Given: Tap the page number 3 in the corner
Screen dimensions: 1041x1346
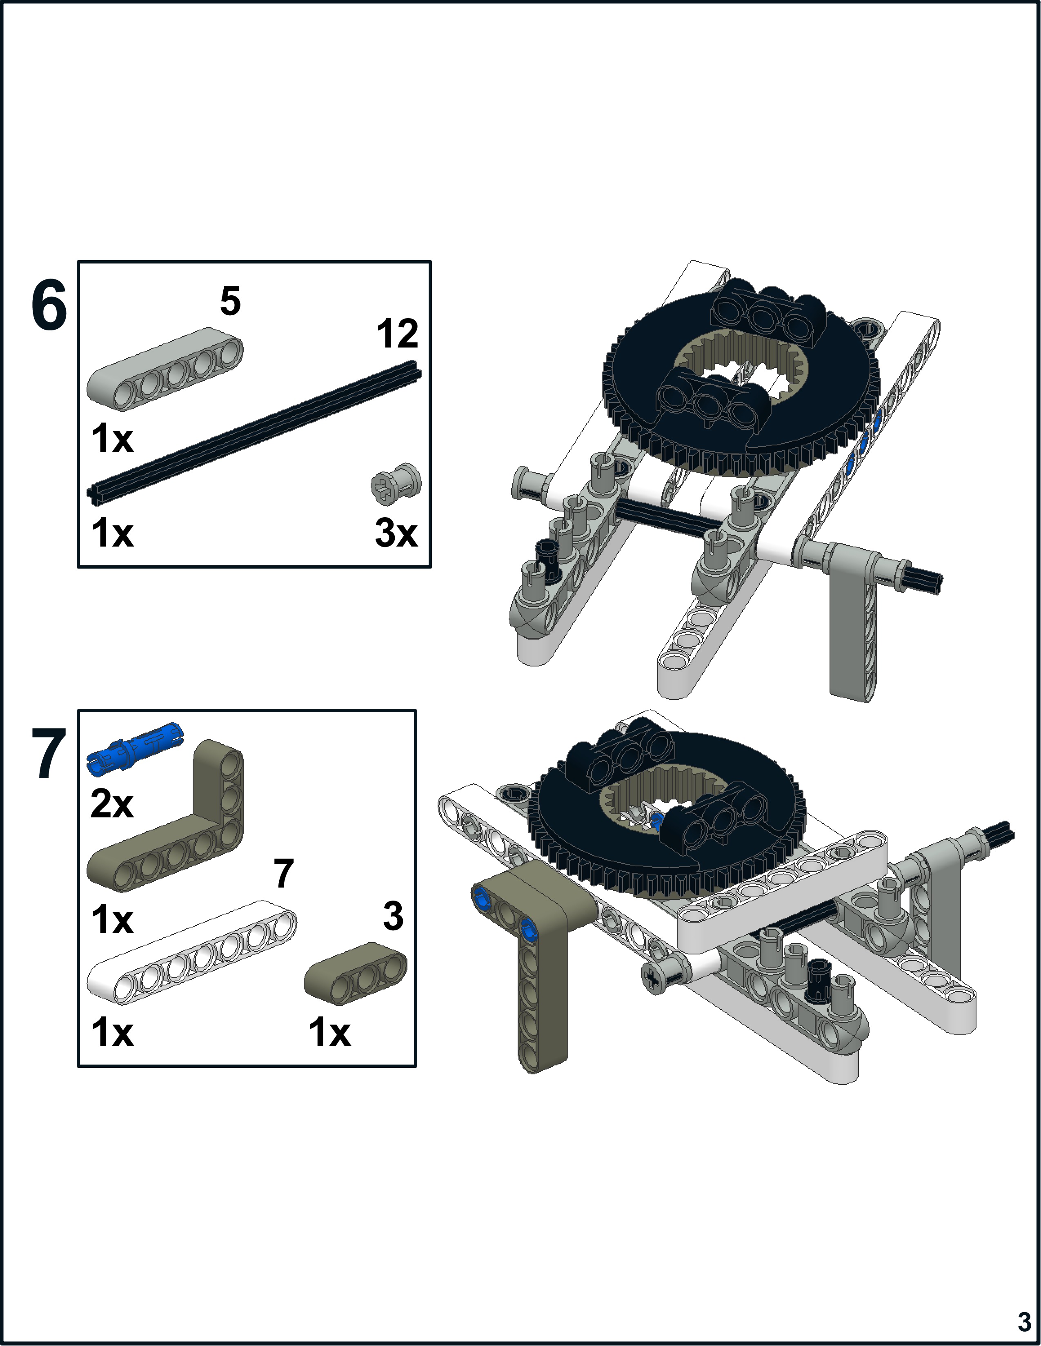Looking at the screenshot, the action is pos(1024,1322).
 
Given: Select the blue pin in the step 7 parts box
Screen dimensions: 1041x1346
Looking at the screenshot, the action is pos(136,748).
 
